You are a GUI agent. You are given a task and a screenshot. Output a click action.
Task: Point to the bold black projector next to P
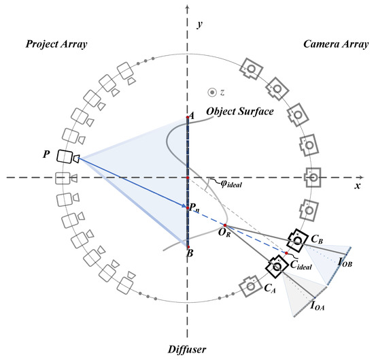coord(68,157)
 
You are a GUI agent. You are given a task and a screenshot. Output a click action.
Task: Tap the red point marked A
coord(188,118)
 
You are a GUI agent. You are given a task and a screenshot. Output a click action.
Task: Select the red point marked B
coord(188,247)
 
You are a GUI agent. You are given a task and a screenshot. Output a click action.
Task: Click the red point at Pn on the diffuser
coord(188,206)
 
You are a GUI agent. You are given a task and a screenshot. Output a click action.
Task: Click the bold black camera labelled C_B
coord(296,240)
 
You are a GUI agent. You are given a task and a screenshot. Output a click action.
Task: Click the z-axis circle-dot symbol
coord(212,92)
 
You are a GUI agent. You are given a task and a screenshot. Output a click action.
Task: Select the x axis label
coord(357,185)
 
